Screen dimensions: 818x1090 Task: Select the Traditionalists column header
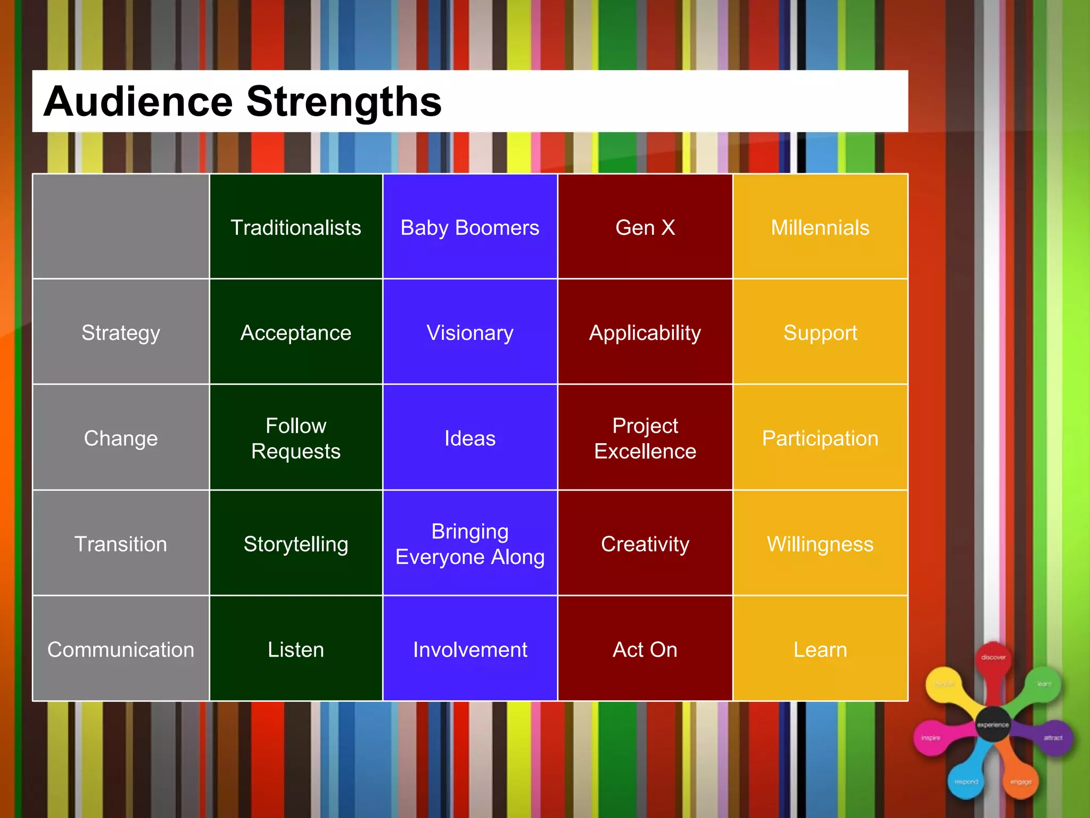[296, 227]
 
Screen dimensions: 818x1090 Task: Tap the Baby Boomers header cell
[469, 227]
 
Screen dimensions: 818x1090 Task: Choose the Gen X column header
[645, 227]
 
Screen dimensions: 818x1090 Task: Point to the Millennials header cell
[820, 227]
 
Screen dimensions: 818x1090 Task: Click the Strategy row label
[121, 332]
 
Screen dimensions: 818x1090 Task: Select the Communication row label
[121, 650]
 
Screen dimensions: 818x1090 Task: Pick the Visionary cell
[469, 332]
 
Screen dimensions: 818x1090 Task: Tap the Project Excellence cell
[645, 438]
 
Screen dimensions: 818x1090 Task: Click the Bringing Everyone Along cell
[469, 544]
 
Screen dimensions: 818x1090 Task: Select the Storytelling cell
[296, 544]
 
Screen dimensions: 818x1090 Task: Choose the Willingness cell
[820, 544]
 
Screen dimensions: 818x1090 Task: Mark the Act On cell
[645, 650]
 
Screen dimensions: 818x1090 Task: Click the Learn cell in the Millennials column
[820, 650]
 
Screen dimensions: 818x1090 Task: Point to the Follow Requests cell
[296, 438]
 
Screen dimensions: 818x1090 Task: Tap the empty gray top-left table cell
[121, 226]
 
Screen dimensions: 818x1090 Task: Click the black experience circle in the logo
[993, 724]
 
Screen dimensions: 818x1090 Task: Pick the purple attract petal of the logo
[1052, 738]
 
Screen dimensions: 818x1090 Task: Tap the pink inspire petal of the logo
[931, 738]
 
